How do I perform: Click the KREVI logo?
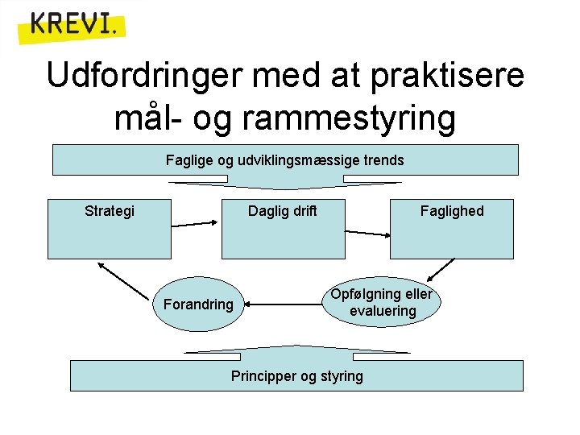pos(72,27)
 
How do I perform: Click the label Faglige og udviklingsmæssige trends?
pos(284,160)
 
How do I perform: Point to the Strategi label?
pos(110,211)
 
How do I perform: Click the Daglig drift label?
pos(282,211)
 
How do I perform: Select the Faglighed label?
pos(452,211)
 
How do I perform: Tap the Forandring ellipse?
pos(197,304)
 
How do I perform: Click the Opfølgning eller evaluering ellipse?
pos(382,302)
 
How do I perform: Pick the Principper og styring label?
pos(296,376)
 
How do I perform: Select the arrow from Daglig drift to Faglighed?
pos(367,233)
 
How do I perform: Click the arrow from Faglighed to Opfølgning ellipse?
pos(441,269)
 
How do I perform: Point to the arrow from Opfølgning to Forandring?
pos(285,304)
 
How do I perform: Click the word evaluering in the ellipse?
pos(383,311)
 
